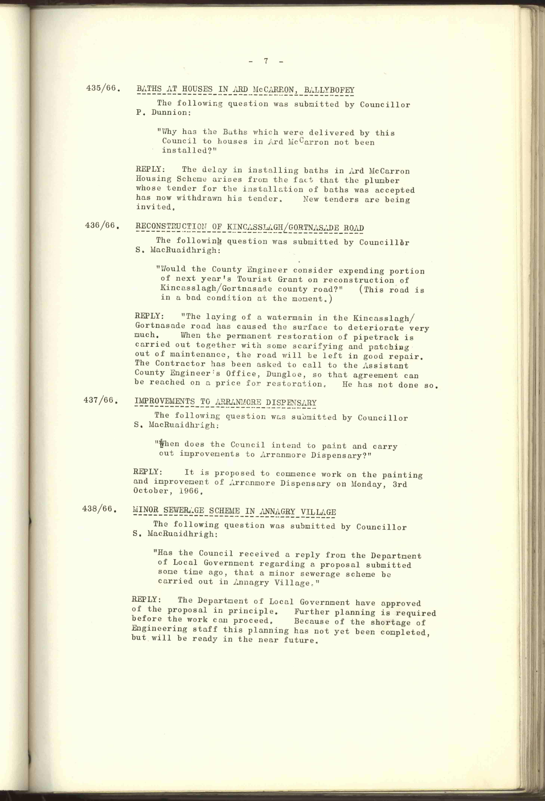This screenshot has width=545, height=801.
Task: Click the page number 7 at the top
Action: (x=266, y=61)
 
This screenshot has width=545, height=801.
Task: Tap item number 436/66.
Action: (x=101, y=226)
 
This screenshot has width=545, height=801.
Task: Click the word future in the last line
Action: (x=299, y=640)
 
